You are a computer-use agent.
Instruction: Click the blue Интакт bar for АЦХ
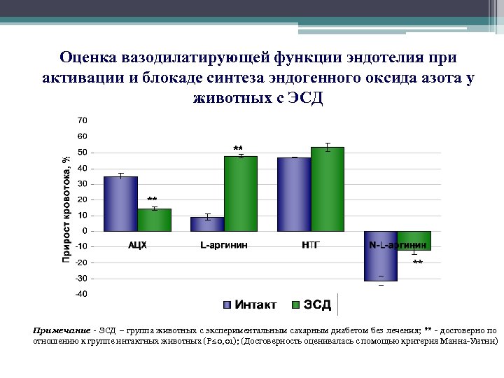tap(120, 204)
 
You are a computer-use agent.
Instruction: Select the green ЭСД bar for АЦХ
tap(154, 220)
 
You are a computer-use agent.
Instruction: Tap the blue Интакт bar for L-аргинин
tap(207, 224)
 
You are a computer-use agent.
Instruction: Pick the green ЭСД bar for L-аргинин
tap(241, 193)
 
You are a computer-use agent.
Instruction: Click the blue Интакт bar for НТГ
tap(294, 194)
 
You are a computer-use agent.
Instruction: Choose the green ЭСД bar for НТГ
tap(328, 189)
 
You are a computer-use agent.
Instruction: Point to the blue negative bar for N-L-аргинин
tap(381, 256)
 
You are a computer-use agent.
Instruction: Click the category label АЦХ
tap(137, 245)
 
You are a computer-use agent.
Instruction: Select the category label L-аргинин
tap(224, 245)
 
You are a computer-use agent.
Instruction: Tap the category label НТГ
tap(311, 245)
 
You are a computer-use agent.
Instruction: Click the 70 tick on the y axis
tap(83, 120)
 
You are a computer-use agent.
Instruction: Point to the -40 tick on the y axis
tap(81, 294)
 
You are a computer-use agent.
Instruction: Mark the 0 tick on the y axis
tap(85, 231)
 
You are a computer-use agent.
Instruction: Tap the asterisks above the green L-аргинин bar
tap(238, 149)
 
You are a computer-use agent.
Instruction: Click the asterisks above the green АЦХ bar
tap(152, 200)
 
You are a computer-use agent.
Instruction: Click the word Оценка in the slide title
tap(87, 57)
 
